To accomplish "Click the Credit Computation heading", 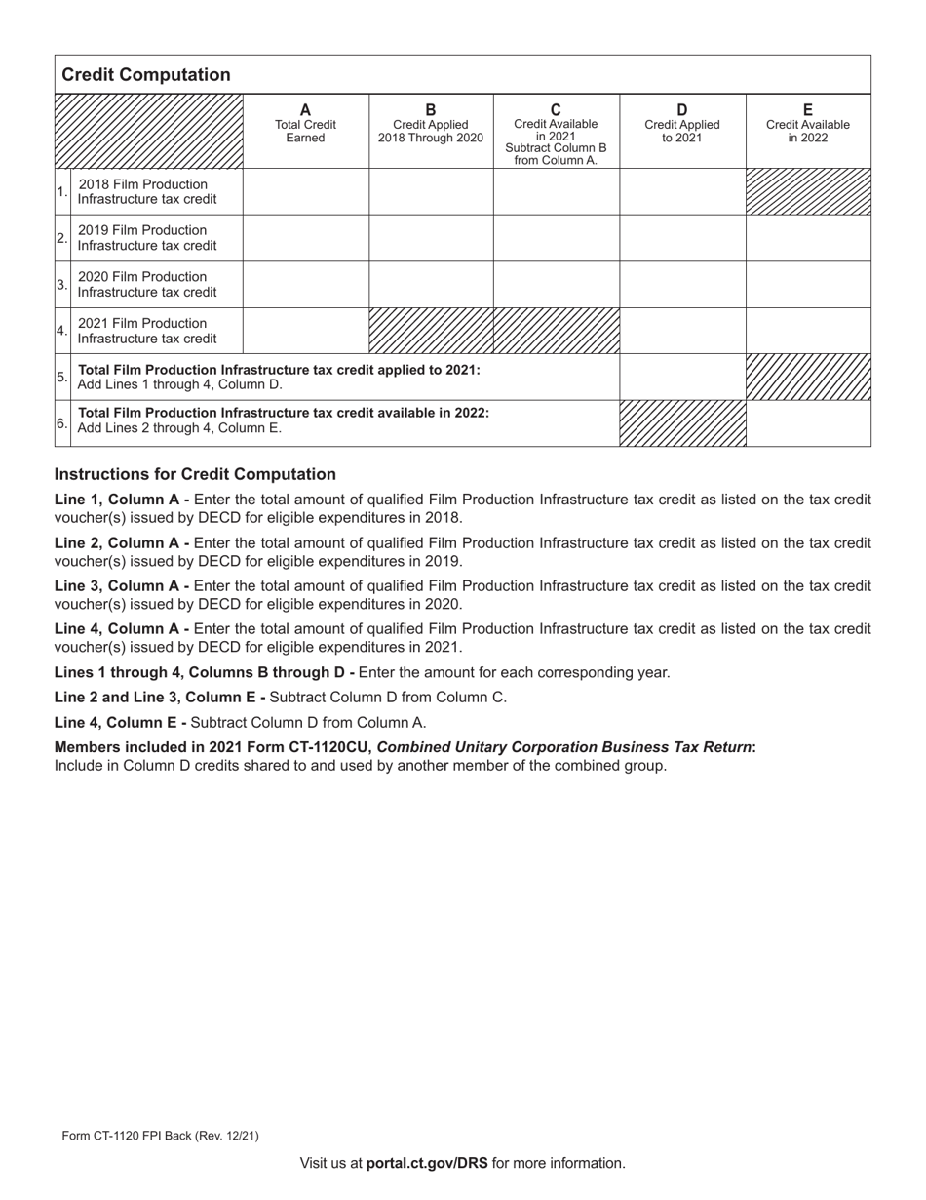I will point(146,75).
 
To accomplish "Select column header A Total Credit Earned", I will point(305,125).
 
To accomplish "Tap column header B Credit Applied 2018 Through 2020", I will point(431,125).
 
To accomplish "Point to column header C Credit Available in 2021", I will point(556,133).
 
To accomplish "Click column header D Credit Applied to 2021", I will point(682,125).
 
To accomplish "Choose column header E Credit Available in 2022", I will point(807,125).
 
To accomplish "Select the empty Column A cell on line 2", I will point(305,238).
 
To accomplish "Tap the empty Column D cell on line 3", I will point(682,284).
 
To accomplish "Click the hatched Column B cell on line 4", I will point(431,331).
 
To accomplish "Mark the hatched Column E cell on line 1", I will point(808,191).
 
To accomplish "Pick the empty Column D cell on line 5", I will point(682,377).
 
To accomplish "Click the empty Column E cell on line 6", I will point(808,423).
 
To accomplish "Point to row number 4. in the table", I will point(62,331).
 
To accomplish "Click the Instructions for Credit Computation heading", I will point(195,474).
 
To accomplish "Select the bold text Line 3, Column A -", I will point(122,586).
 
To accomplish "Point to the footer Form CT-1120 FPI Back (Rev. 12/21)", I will point(160,1136).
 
